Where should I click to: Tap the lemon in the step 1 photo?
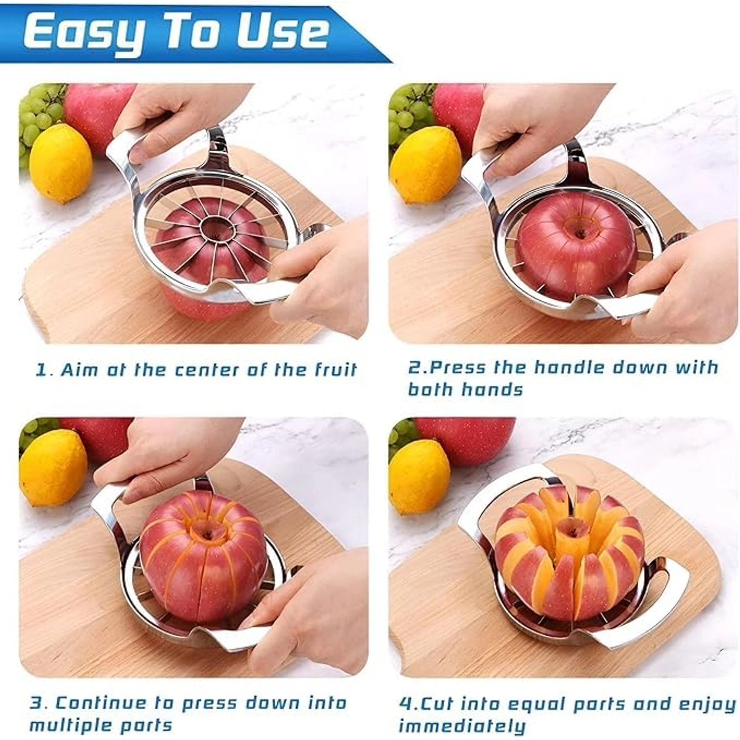60,163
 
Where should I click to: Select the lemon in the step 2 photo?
425,164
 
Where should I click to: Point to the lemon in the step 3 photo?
53,467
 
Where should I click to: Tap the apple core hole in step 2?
578,232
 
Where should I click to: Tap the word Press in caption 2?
457,368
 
